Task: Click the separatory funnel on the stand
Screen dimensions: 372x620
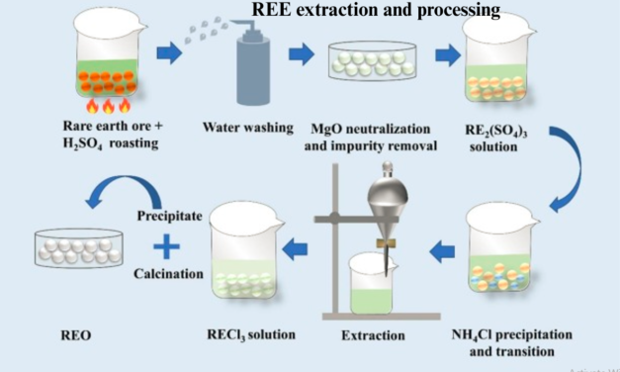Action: click(x=383, y=223)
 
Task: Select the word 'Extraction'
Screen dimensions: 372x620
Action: click(x=373, y=336)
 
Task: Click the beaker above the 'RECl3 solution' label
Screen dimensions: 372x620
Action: click(x=243, y=251)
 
